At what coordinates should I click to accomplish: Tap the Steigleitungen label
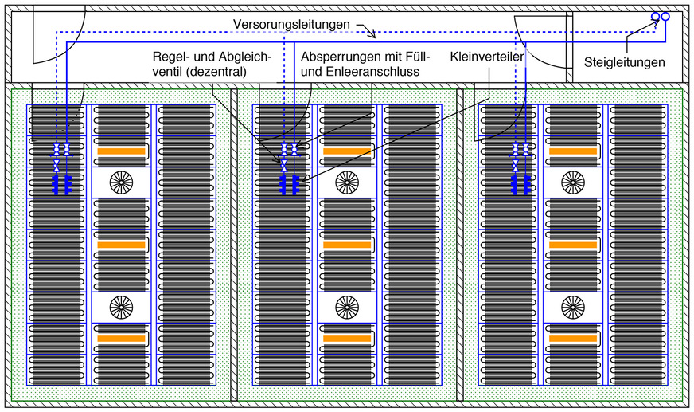[x=625, y=61]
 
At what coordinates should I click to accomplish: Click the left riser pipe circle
[x=654, y=17]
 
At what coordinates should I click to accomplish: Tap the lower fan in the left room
[x=121, y=306]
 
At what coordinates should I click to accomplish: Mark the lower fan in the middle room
[x=346, y=306]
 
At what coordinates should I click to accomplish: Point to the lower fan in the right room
[x=571, y=306]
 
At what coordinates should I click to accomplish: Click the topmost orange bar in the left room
[x=121, y=151]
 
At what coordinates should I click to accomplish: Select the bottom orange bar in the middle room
[x=346, y=339]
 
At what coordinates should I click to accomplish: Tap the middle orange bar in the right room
[x=571, y=245]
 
